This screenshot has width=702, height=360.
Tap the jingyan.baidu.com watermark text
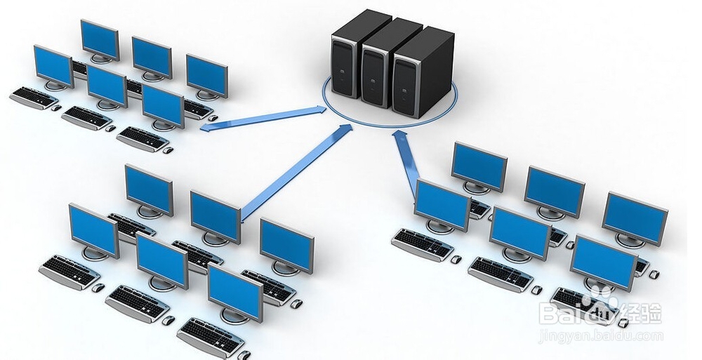tap(601, 336)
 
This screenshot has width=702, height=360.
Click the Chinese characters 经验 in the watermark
tap(642, 311)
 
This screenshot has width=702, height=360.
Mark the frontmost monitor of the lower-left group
tap(235, 291)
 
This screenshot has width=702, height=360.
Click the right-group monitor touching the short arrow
tap(442, 204)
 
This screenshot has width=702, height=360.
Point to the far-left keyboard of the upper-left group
tap(33, 97)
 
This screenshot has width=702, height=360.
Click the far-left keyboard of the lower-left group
tap(69, 271)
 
